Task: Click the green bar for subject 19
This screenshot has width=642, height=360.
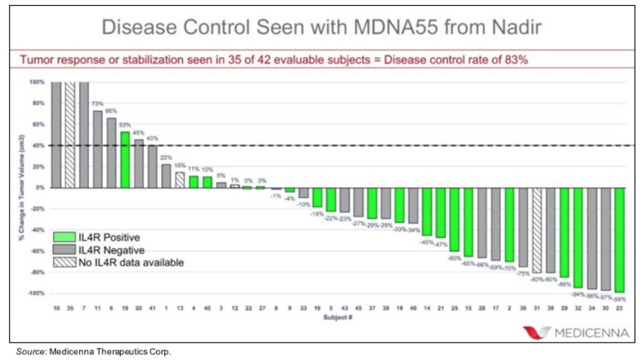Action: coord(125,160)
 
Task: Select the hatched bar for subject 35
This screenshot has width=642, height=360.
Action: coord(70,135)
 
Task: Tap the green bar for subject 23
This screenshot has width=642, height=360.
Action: coord(619,240)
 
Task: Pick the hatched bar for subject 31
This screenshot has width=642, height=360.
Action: coord(537,230)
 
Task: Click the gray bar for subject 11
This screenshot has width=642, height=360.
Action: coord(98,149)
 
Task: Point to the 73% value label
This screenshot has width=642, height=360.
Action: coord(97,104)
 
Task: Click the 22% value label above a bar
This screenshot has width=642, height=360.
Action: coord(166,158)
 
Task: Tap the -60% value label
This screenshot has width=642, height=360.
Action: coord(454,258)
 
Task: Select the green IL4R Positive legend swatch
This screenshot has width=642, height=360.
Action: coord(64,237)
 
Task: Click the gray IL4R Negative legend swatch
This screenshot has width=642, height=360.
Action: coord(64,250)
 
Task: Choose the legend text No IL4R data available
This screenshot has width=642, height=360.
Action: coord(131,263)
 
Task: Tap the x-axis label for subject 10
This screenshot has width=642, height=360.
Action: coord(57,308)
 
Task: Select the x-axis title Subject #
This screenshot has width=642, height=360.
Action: coord(338,317)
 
